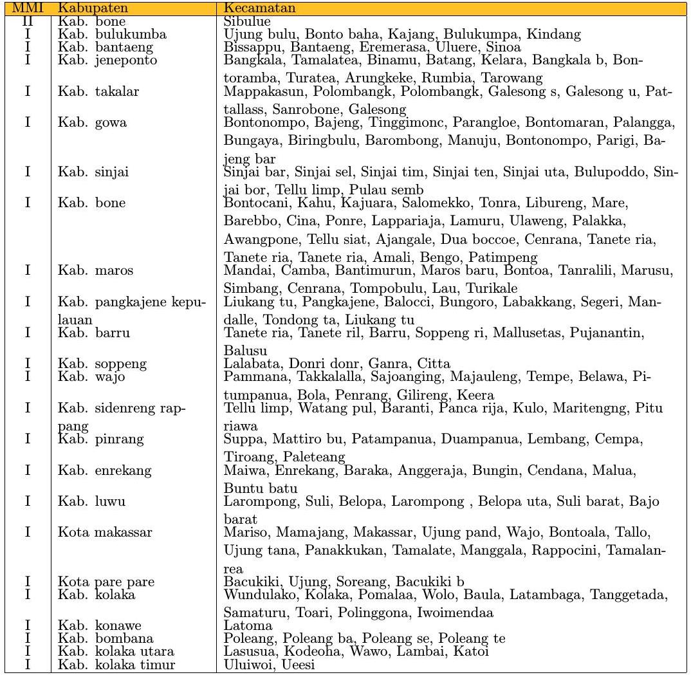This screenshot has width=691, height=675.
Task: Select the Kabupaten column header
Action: point(85,9)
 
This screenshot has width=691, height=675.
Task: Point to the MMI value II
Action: point(28,22)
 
